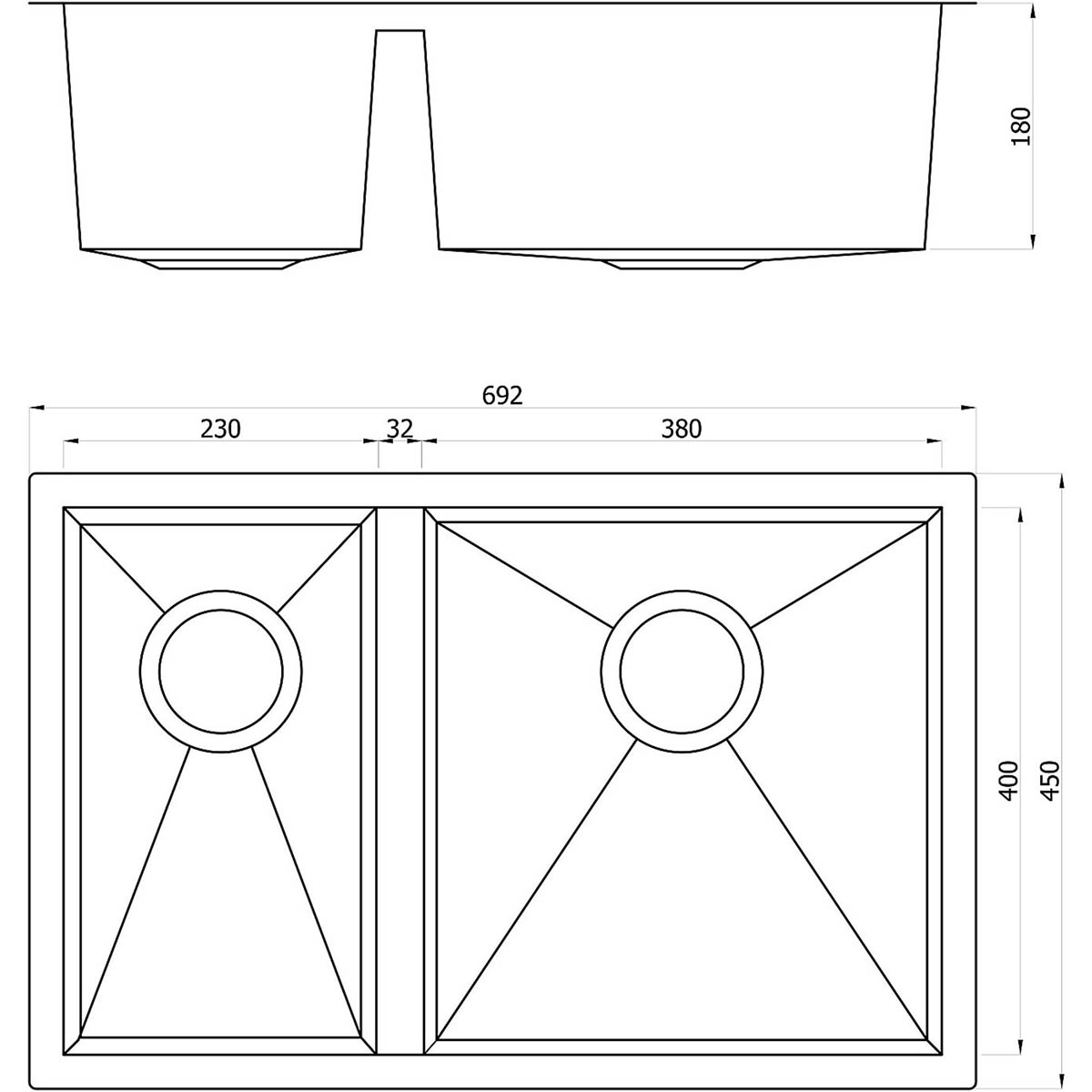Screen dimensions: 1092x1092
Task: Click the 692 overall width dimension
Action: coord(502,396)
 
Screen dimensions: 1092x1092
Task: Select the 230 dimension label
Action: coord(220,429)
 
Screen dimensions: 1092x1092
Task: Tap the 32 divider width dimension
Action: coord(399,429)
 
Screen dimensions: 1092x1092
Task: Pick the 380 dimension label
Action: coord(682,429)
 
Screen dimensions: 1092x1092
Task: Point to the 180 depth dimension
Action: coord(1022,126)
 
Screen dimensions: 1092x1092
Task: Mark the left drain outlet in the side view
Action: coord(221,264)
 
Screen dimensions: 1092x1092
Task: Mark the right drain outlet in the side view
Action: coord(682,264)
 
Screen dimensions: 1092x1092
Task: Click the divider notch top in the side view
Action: coord(400,32)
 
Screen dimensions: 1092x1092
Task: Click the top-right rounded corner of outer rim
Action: coord(972,477)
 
